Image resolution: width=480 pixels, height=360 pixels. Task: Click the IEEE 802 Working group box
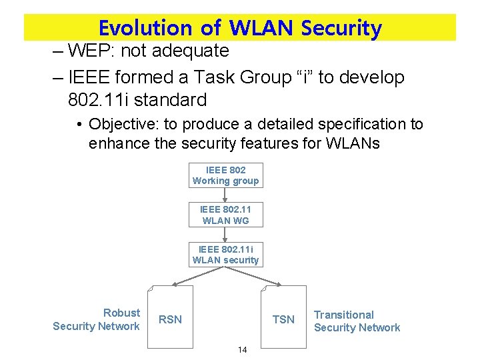[x=225, y=175]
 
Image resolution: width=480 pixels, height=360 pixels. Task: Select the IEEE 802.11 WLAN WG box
[x=225, y=215]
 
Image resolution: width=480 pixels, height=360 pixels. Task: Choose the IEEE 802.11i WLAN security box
[x=225, y=255]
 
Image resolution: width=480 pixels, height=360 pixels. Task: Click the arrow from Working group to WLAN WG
[x=225, y=195]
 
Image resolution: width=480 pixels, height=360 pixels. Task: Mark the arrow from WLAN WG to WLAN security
[x=225, y=234]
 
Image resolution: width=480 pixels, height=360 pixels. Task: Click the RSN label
[x=170, y=319]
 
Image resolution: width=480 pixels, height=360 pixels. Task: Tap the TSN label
[x=283, y=319]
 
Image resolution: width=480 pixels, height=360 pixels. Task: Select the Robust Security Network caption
[x=97, y=319]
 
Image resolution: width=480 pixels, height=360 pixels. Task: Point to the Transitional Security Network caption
[x=357, y=321]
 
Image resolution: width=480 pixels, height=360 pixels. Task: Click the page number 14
[x=242, y=350]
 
